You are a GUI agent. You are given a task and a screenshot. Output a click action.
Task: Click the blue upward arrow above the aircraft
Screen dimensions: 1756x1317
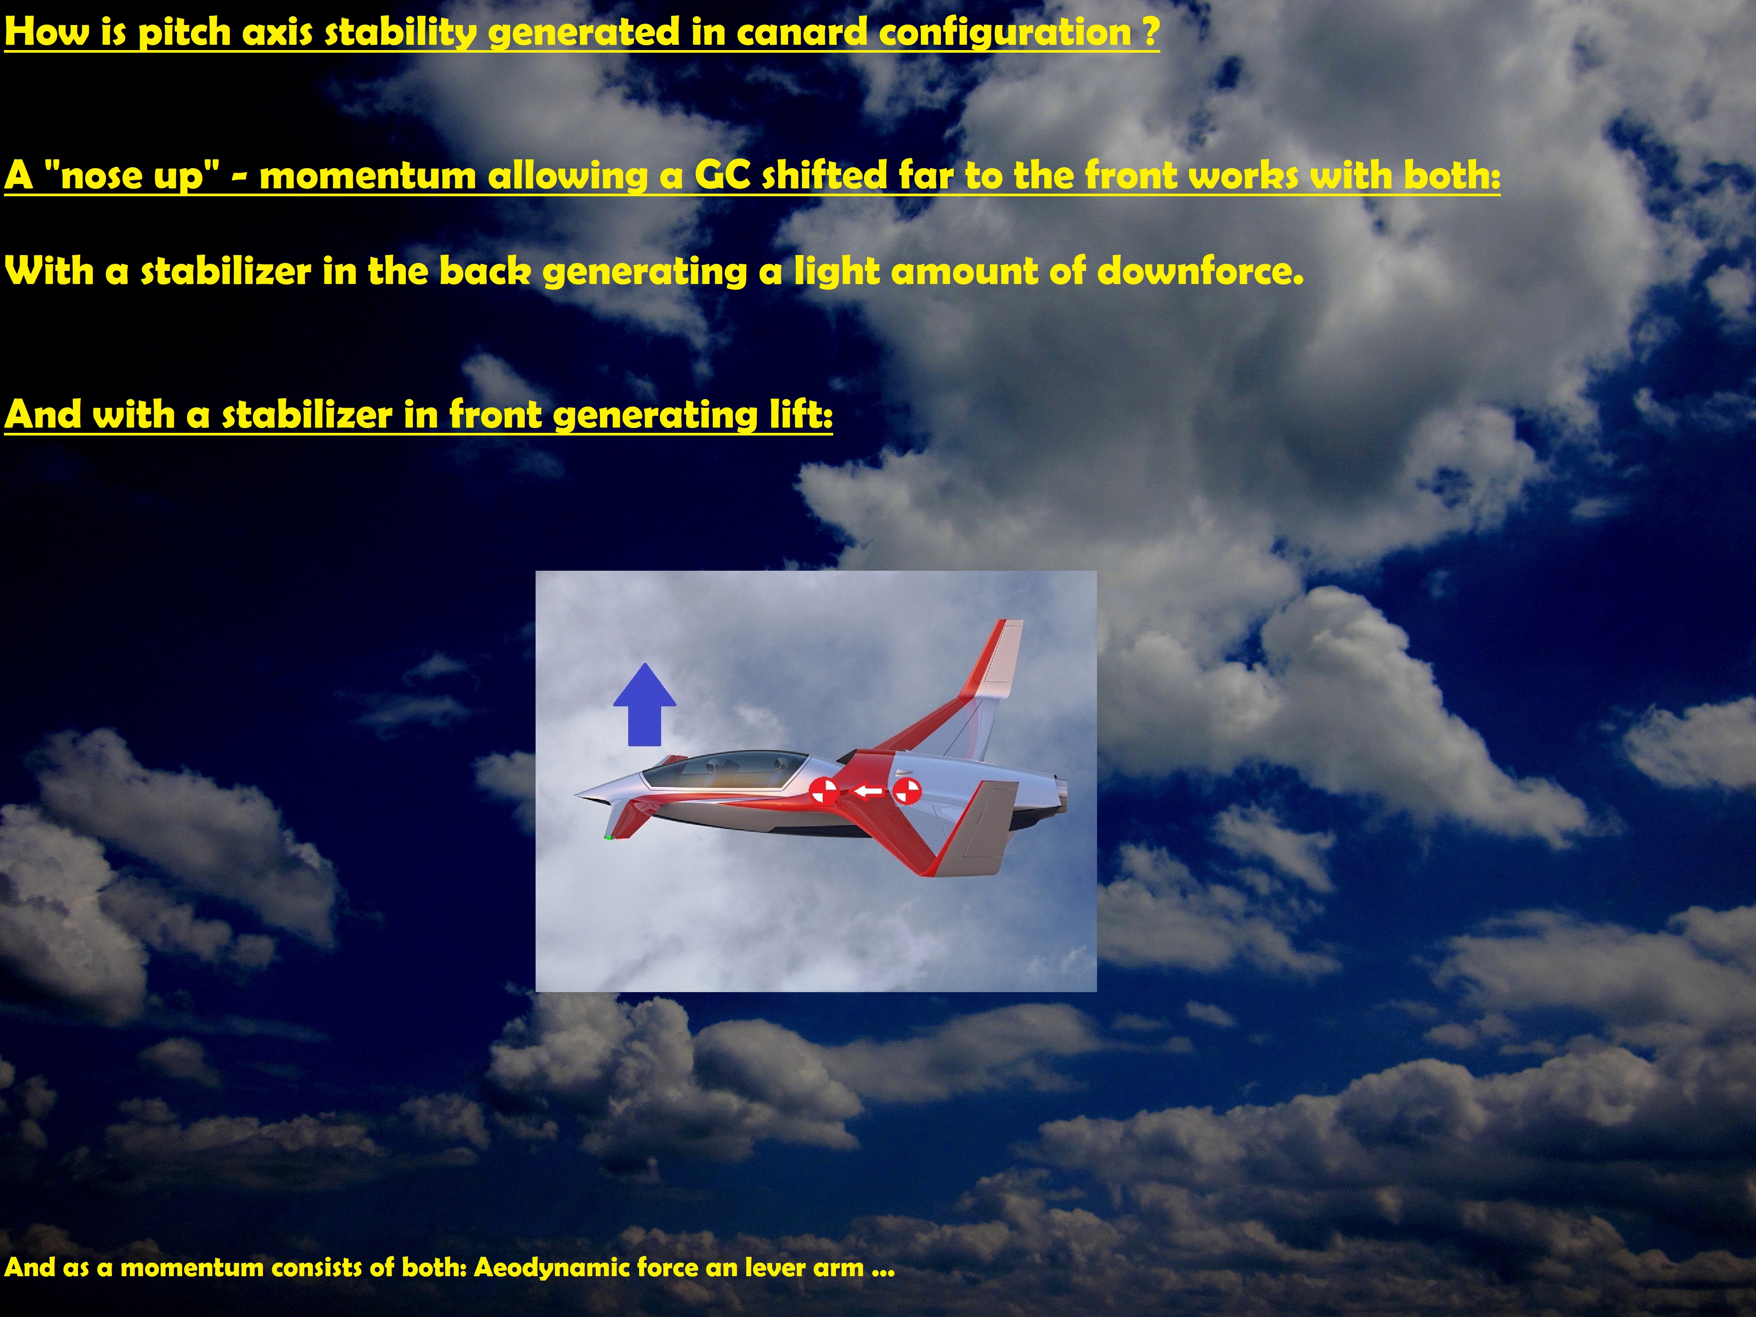(644, 705)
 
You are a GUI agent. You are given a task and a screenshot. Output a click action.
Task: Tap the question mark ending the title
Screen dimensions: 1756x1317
(1149, 32)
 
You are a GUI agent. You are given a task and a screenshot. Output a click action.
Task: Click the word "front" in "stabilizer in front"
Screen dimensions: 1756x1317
(495, 414)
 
